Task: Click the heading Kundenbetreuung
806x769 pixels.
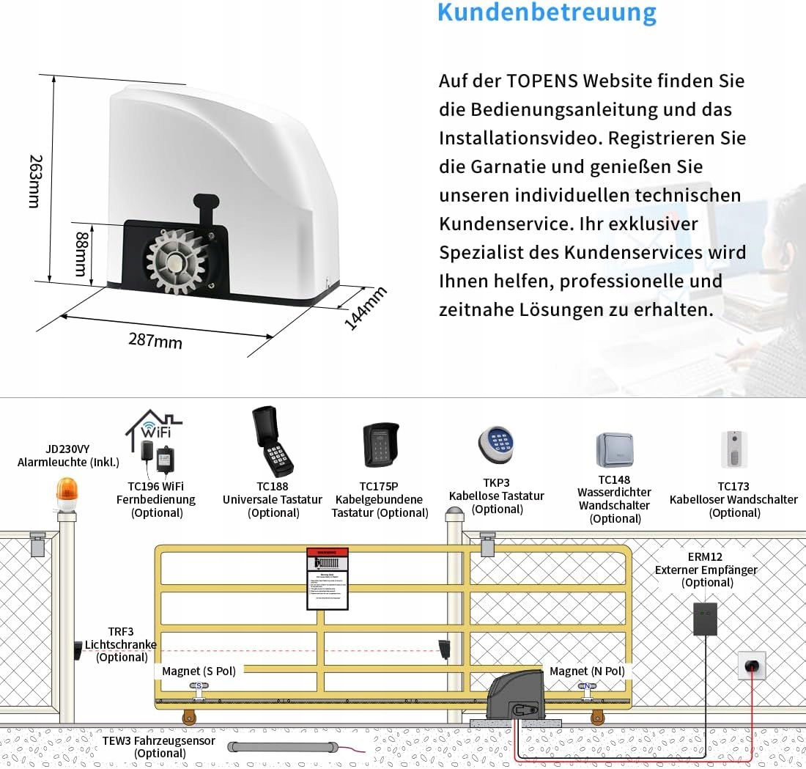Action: click(x=547, y=12)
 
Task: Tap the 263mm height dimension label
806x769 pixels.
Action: click(x=33, y=180)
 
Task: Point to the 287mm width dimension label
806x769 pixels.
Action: click(x=155, y=340)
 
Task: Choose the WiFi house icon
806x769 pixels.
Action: click(x=151, y=426)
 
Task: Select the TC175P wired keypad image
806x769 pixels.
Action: click(x=381, y=446)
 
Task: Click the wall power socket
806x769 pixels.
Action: click(x=751, y=666)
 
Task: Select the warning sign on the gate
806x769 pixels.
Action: click(x=326, y=578)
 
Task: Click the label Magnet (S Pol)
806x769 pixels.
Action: click(x=199, y=671)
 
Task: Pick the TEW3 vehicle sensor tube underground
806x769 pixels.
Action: click(x=281, y=748)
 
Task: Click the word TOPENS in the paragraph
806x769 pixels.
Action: click(x=541, y=81)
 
